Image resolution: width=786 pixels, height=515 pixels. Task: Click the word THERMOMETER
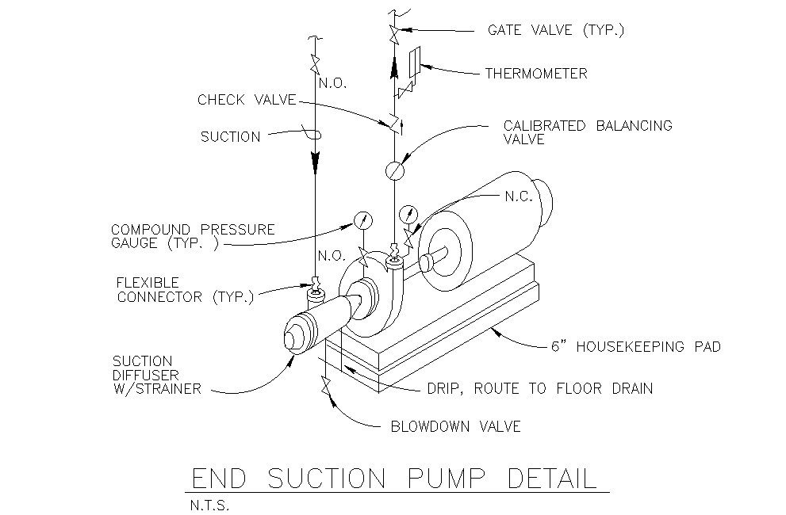pyautogui.click(x=536, y=74)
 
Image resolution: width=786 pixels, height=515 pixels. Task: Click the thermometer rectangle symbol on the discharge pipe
pyautogui.click(x=414, y=63)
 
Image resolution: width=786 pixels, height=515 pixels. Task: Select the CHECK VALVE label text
pyautogui.click(x=246, y=100)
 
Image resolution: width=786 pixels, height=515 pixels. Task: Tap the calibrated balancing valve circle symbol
pyautogui.click(x=394, y=170)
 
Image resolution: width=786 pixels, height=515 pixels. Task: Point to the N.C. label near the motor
pyautogui.click(x=519, y=196)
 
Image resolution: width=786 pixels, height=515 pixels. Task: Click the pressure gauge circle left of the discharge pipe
pyautogui.click(x=362, y=220)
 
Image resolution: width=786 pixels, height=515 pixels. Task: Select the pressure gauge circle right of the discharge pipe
pyautogui.click(x=409, y=213)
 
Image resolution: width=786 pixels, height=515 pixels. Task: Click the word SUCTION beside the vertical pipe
pyautogui.click(x=230, y=137)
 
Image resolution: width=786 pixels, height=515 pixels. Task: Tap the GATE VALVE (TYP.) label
pyautogui.click(x=556, y=31)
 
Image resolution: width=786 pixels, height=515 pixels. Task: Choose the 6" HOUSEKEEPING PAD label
pyautogui.click(x=635, y=346)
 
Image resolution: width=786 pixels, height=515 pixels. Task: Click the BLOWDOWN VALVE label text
pyautogui.click(x=455, y=426)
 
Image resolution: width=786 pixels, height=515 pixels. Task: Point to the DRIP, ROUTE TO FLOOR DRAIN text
pyautogui.click(x=539, y=388)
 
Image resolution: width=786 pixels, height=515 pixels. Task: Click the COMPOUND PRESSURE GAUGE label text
pyautogui.click(x=192, y=236)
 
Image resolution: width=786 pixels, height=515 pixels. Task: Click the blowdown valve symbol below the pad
pyautogui.click(x=325, y=387)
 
